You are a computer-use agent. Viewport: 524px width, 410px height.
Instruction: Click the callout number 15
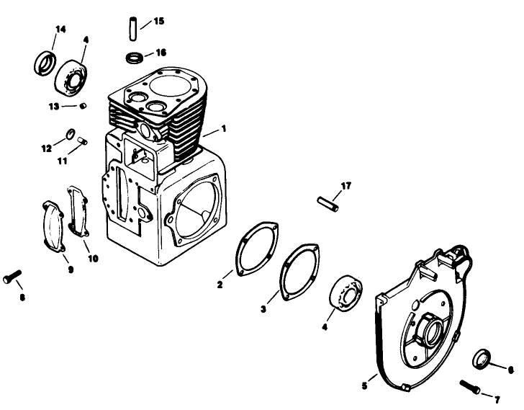pos(158,22)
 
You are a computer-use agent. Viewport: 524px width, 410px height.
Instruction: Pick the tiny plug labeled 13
pos(83,106)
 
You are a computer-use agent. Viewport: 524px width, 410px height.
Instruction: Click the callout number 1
pos(224,129)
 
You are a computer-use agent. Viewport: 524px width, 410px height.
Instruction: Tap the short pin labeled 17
pos(327,202)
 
